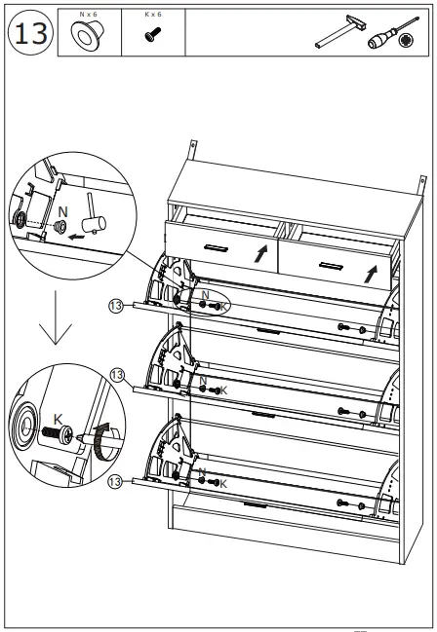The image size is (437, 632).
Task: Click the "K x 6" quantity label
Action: (151, 15)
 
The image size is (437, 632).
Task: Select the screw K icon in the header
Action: (151, 36)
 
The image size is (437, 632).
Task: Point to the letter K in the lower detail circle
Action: (58, 420)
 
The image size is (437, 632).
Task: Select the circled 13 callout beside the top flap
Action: (116, 305)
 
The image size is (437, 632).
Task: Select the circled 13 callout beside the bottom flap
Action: (116, 480)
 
